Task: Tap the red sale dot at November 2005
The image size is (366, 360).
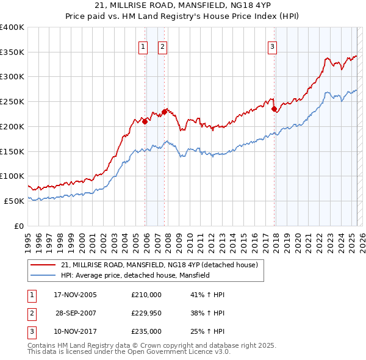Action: pyautogui.click(x=145, y=121)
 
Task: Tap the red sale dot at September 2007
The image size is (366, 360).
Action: pyautogui.click(x=165, y=112)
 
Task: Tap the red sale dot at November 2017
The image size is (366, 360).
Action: pyautogui.click(x=274, y=109)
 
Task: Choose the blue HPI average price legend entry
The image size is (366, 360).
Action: pyautogui.click(x=135, y=275)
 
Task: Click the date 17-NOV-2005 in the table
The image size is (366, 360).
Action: pyautogui.click(x=75, y=295)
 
